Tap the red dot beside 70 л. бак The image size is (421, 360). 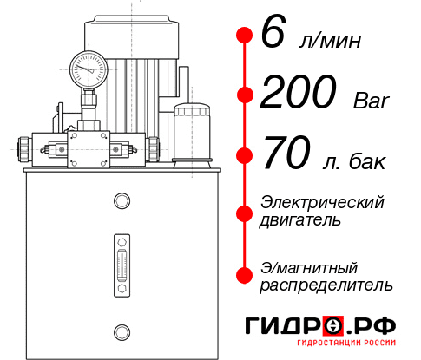[245, 156]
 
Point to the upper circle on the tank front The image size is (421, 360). [121, 202]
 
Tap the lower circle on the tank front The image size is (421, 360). [121, 331]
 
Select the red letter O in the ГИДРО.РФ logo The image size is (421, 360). [332, 327]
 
